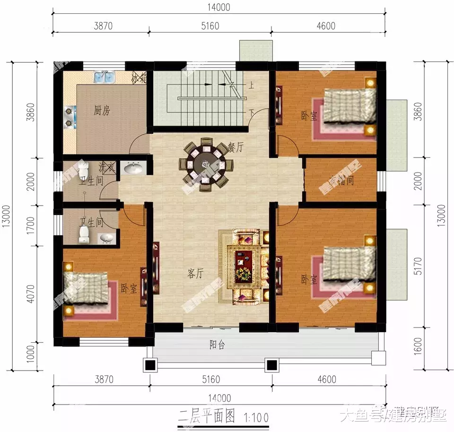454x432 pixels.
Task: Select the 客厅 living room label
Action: (x=195, y=273)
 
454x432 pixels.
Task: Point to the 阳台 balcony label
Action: (x=217, y=345)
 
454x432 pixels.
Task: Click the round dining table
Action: (x=206, y=164)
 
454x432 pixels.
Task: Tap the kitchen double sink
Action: (x=105, y=77)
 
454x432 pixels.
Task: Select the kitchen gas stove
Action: (x=70, y=117)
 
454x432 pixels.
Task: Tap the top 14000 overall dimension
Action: (x=218, y=7)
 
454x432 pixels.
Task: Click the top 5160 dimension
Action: (x=210, y=26)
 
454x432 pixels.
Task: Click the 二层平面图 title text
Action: (x=207, y=416)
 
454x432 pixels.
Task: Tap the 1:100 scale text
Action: (x=256, y=417)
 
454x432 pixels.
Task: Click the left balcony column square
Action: (x=150, y=364)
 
